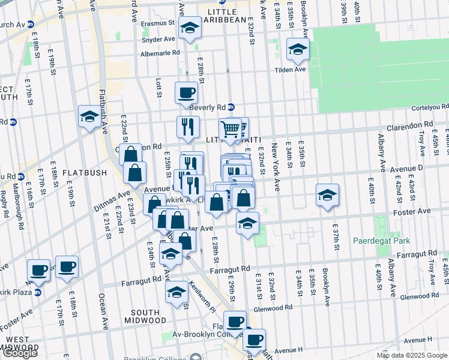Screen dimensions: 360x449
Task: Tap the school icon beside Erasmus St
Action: [190, 29]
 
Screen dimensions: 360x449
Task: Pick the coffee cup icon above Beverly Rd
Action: [185, 93]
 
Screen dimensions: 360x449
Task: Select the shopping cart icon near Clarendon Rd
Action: [231, 128]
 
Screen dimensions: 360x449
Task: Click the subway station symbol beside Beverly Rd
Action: [231, 107]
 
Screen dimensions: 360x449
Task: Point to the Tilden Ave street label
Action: [291, 70]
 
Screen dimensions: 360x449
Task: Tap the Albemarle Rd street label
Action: [160, 53]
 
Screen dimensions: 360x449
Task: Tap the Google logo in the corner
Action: [20, 352]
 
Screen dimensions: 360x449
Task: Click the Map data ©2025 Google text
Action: [411, 355]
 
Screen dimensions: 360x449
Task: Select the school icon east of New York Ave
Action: [327, 195]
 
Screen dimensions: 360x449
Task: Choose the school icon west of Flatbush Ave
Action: [89, 116]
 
